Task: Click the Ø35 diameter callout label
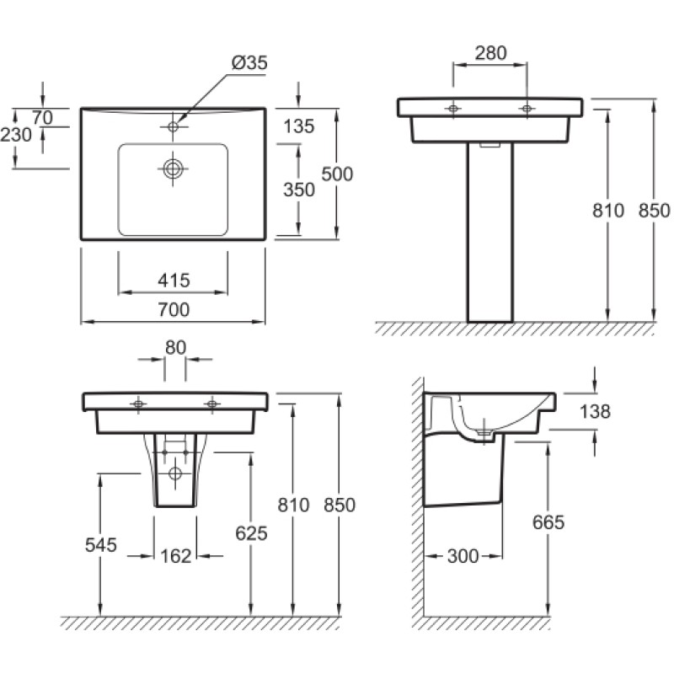click(249, 62)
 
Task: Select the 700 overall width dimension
click(174, 309)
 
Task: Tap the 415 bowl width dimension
click(174, 281)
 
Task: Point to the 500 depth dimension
click(338, 174)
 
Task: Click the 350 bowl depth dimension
click(299, 190)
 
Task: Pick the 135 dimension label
click(299, 126)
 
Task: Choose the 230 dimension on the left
click(16, 135)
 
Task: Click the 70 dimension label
click(42, 117)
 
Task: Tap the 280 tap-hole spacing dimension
click(491, 53)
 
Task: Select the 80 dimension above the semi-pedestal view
click(175, 347)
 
